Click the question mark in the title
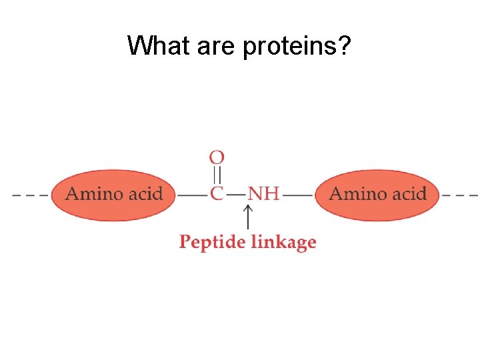coord(346,46)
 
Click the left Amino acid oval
coord(114,195)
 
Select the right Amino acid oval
coord(377,195)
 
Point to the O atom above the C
coord(217,158)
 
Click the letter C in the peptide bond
coord(217,194)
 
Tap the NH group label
coord(263,194)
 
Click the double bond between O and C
coord(217,175)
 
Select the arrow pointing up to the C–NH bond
coord(248,218)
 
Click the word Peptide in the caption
coord(213,242)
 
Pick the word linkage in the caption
coord(283,242)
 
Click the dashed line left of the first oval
coord(31,195)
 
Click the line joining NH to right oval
coord(297,195)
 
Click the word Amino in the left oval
coord(93,194)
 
